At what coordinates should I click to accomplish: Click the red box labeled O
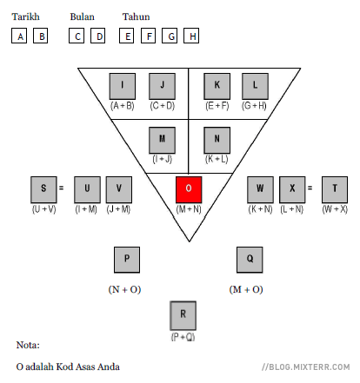click(x=189, y=189)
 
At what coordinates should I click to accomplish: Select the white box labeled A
click(x=19, y=36)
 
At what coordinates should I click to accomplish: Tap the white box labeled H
click(x=191, y=36)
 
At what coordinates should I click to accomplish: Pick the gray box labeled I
click(x=123, y=86)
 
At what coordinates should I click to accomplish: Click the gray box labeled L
click(x=255, y=86)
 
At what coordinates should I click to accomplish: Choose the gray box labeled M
click(x=162, y=140)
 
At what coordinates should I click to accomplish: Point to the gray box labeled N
click(x=217, y=140)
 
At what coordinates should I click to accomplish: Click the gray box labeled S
click(x=43, y=189)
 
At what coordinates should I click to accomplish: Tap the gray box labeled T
click(x=335, y=189)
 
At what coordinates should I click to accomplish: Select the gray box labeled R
click(x=183, y=315)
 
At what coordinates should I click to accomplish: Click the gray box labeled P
click(x=127, y=260)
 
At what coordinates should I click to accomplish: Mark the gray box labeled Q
click(x=250, y=260)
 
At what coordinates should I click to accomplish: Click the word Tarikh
click(x=25, y=17)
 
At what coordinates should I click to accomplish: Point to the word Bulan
click(x=82, y=17)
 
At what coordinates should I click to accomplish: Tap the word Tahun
click(x=136, y=17)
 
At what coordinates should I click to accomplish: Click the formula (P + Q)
click(x=183, y=337)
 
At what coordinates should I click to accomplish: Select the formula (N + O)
click(x=124, y=289)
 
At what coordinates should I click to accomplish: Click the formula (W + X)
click(x=335, y=209)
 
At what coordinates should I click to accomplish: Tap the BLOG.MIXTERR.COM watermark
click(x=306, y=367)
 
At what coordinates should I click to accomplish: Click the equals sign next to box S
click(x=61, y=188)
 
